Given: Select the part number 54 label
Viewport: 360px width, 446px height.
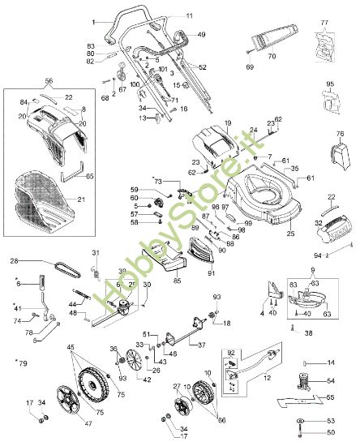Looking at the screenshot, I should [330, 381].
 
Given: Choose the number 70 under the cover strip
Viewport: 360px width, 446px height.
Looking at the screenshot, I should [272, 56].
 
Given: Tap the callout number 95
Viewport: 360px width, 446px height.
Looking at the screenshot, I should [330, 84].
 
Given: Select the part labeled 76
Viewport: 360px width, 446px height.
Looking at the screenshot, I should [335, 156].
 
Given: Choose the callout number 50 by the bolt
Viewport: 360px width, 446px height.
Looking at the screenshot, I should [330, 434].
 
